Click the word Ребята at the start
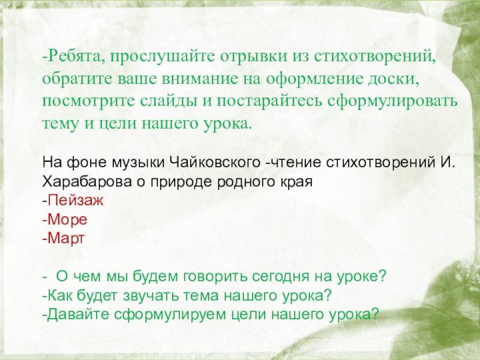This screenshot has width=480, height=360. click(70, 57)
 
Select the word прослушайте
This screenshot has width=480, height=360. click(157, 57)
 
